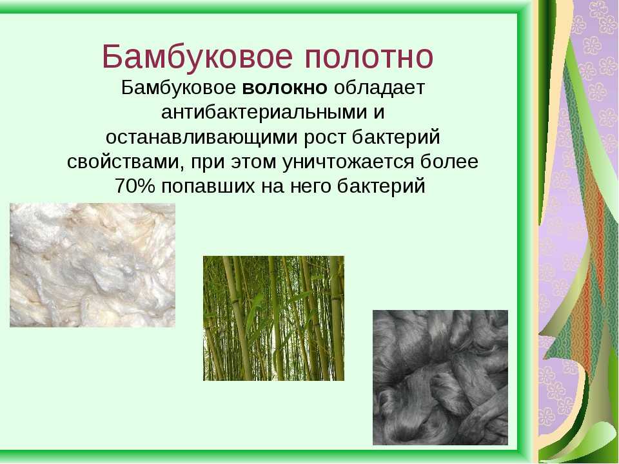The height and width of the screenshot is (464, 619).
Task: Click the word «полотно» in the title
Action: coord(369,57)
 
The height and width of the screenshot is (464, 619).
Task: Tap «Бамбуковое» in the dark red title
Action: coord(197,57)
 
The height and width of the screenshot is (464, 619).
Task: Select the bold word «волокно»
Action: coord(284,88)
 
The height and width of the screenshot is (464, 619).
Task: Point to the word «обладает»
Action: coord(379,88)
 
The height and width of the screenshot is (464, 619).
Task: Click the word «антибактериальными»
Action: coord(264,112)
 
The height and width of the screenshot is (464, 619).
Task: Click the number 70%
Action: coord(135,186)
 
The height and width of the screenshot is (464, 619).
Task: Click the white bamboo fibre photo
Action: coord(92,265)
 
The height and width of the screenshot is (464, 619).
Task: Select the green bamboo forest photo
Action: coord(273,318)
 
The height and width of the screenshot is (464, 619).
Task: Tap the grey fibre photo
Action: coord(440,378)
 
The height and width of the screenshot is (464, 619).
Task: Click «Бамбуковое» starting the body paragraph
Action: coord(179,88)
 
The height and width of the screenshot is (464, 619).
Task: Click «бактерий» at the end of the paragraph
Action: coord(381,186)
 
